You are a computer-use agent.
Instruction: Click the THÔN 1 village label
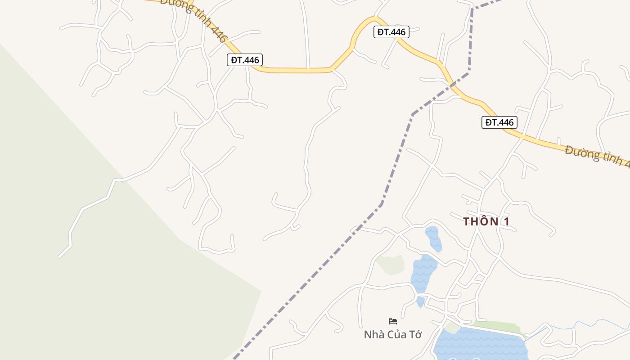click(x=486, y=221)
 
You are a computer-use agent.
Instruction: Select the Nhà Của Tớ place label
click(x=393, y=334)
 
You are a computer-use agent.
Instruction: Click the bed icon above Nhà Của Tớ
click(x=393, y=321)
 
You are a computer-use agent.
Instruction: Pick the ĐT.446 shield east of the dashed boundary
click(x=499, y=122)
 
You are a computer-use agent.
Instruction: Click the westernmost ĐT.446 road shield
click(x=244, y=60)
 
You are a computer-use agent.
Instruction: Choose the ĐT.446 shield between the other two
click(x=391, y=32)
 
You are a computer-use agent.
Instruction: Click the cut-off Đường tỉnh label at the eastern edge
click(x=597, y=156)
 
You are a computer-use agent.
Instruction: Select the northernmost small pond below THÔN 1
click(x=433, y=238)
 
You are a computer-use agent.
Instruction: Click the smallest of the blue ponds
click(x=420, y=301)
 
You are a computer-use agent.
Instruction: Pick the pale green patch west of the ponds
click(x=391, y=265)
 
